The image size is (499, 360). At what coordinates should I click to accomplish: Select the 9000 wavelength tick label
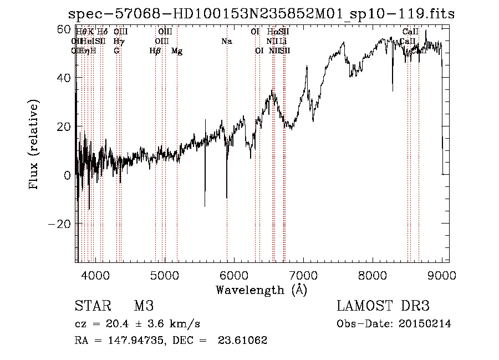pos(442,275)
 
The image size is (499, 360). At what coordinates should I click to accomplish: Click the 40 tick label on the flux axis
pos(64,78)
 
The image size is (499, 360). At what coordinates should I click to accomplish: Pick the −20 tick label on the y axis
pos(60,224)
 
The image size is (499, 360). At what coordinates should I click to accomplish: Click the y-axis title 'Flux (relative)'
pos(34,145)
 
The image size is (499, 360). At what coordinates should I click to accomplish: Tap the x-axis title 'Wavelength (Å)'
pos(261,290)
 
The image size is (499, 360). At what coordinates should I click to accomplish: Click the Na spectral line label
pos(226,42)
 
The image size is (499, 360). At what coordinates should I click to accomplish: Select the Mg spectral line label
pos(177,51)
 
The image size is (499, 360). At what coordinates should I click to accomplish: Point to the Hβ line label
pos(155,51)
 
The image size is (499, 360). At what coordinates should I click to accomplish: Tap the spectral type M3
pos(144,306)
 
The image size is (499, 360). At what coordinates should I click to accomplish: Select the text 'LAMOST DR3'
pos(383,306)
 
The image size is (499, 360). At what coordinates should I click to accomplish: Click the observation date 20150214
pos(428,324)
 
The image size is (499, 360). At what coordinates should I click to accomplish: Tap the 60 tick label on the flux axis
pos(64,29)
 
